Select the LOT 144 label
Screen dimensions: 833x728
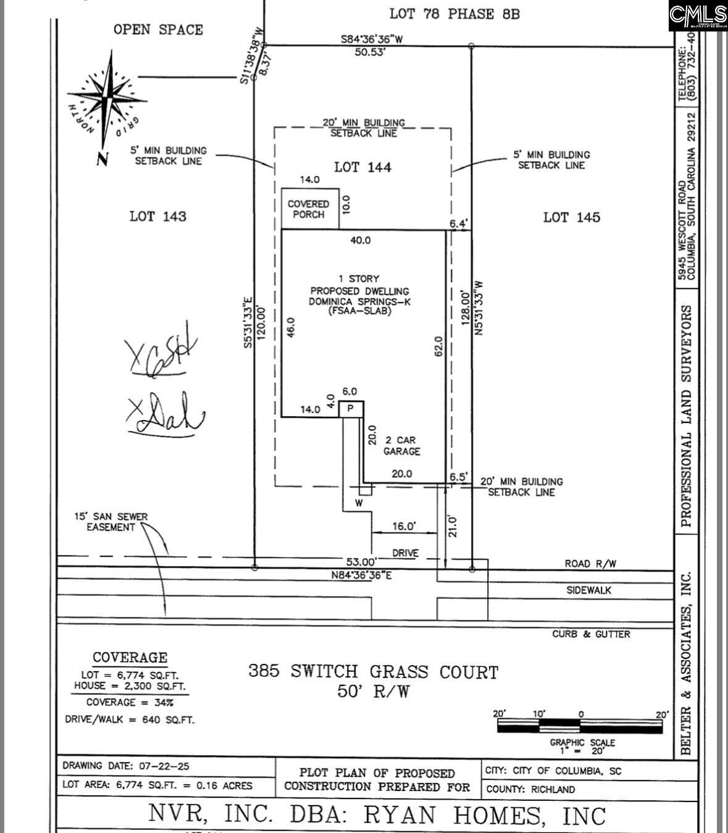click(x=362, y=167)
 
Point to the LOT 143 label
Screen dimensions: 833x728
click(x=157, y=216)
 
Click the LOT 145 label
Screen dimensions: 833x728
click(x=571, y=217)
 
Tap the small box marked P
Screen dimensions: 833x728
click(x=351, y=409)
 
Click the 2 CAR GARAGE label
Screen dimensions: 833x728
click(x=401, y=446)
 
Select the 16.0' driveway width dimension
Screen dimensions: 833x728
click(x=404, y=526)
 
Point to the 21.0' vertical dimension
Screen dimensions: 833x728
click(x=453, y=526)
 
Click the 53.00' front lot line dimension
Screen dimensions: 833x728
click(x=361, y=562)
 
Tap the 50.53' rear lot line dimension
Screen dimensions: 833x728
click(x=370, y=52)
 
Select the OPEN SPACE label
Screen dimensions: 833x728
click(x=158, y=29)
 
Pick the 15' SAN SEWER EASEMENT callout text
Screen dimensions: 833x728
click(x=111, y=522)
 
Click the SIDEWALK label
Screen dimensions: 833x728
click(x=589, y=590)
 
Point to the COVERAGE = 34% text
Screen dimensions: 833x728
click(x=130, y=702)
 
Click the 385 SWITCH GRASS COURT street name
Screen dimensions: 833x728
click(x=373, y=671)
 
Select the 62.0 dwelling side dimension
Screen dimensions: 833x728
click(x=438, y=346)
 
